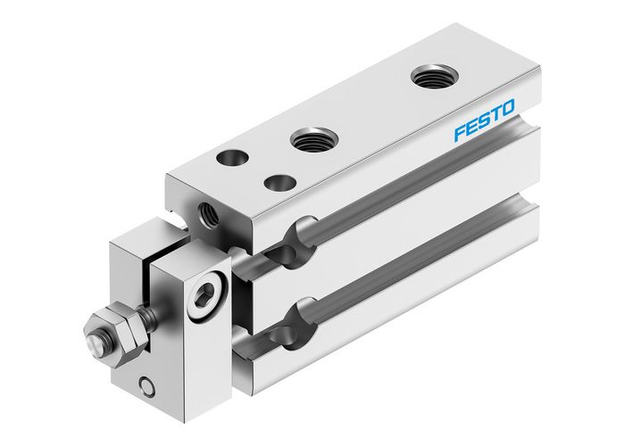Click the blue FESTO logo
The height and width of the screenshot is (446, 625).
pyautogui.click(x=483, y=123)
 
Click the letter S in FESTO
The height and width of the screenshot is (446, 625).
pyautogui.click(x=483, y=123)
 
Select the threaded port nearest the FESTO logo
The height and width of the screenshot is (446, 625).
pyautogui.click(x=430, y=77)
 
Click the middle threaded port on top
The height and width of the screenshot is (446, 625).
pyautogui.click(x=312, y=138)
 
